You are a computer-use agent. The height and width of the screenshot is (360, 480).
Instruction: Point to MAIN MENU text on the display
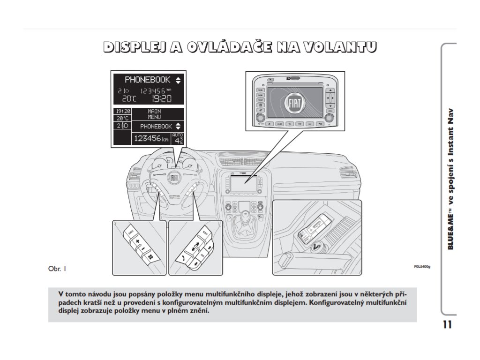(154, 114)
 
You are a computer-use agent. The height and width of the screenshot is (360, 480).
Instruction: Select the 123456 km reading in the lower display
(151, 138)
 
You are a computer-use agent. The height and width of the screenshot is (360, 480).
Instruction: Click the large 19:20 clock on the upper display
(161, 99)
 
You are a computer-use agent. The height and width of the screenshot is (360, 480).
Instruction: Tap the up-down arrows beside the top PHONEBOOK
(178, 80)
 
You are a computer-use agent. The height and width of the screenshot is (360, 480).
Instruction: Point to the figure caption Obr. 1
(57, 269)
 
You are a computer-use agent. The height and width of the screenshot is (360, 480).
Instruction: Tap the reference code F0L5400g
(421, 266)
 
